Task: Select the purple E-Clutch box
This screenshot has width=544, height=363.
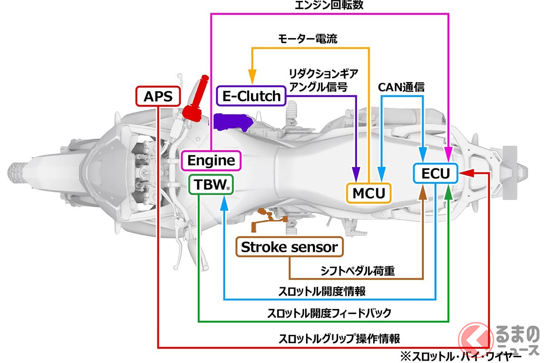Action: coord(251,96)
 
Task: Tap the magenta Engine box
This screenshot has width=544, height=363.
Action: coord(211,160)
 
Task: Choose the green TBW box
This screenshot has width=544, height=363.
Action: coord(211,184)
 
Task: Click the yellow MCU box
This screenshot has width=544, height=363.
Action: coord(369,193)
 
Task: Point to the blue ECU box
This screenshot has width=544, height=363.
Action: coord(435,174)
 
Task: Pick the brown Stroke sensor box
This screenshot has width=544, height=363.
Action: coord(290,247)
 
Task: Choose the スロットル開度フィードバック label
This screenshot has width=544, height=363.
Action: coord(329,313)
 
